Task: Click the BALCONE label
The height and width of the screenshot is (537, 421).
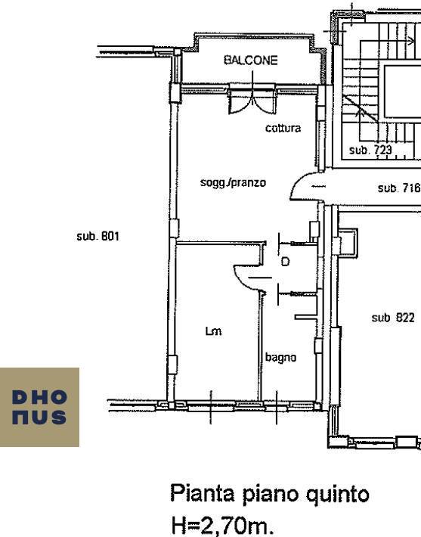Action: click(x=250, y=61)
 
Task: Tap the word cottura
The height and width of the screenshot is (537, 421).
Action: click(x=283, y=128)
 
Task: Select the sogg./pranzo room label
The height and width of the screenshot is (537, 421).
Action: click(x=233, y=182)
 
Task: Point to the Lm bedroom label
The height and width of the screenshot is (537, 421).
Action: click(x=213, y=331)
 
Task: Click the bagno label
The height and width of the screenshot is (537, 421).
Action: click(x=280, y=358)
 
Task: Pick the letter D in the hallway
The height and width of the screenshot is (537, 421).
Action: click(x=285, y=262)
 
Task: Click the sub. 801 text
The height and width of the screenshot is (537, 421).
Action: click(x=98, y=236)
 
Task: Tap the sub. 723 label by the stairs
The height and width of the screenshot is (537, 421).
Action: click(x=370, y=150)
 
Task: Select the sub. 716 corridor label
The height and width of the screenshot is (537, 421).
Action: click(x=399, y=188)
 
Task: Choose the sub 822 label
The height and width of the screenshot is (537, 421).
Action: click(x=393, y=318)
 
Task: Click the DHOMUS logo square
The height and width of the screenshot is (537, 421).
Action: click(x=39, y=407)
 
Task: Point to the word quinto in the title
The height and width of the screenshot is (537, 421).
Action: click(x=338, y=495)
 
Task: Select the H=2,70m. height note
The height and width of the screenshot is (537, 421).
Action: click(x=222, y=525)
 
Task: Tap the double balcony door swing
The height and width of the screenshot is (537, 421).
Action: click(x=252, y=101)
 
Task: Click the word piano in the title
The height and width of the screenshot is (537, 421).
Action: click(x=270, y=495)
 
